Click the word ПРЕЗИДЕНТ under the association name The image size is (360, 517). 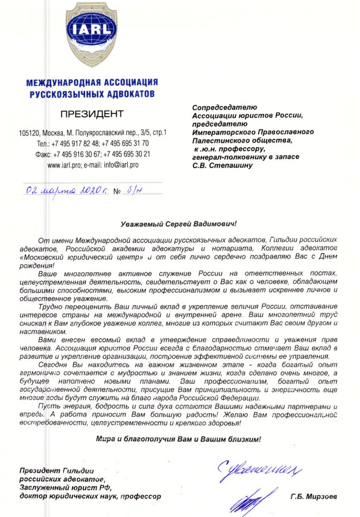tap(92, 114)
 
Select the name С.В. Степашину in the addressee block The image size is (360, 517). tap(223, 165)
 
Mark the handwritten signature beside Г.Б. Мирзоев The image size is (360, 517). tap(250, 499)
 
